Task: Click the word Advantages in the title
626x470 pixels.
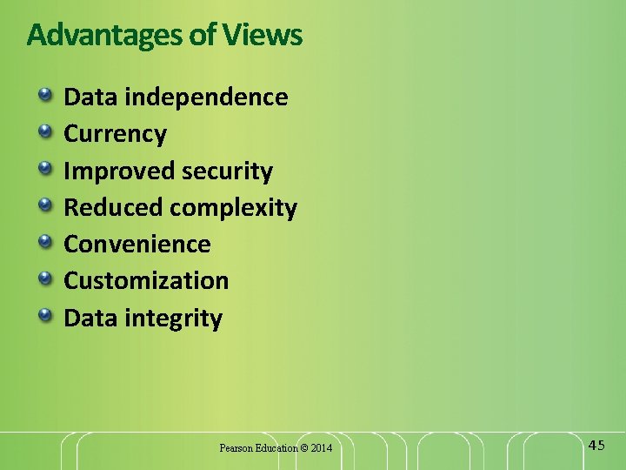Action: coord(97,35)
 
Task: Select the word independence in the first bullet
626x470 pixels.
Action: coord(206,97)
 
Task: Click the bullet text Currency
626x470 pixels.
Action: coord(115,134)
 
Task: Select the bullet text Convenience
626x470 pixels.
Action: coord(137,245)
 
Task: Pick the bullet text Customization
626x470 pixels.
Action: coord(146,281)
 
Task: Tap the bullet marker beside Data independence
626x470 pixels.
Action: coord(43,94)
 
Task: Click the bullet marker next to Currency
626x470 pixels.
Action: coord(43,131)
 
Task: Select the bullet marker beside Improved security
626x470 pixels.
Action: coord(43,168)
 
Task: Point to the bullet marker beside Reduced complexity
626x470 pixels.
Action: coord(43,205)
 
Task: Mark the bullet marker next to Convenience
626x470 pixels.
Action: coord(43,241)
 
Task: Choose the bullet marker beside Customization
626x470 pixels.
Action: coord(43,278)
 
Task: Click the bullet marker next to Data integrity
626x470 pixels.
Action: coord(43,314)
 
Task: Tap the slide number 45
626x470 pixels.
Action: coord(596,446)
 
